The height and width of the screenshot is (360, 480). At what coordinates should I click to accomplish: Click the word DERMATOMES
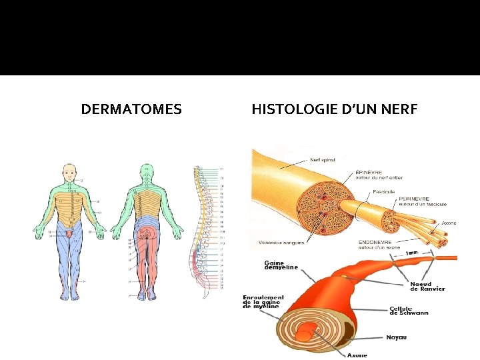point(131,109)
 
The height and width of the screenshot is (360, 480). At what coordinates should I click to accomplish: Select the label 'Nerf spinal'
point(322,160)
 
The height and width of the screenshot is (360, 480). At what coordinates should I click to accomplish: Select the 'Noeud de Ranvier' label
point(427,286)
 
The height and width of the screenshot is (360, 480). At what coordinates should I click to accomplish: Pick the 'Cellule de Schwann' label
point(409,311)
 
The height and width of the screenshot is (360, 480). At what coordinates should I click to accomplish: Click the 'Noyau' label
point(396,337)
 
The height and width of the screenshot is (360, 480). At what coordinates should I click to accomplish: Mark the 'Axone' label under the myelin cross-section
point(357,355)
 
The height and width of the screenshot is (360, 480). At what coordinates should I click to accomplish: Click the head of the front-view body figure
point(69,172)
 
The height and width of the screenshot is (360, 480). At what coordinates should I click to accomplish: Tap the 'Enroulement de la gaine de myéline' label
point(263,302)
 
